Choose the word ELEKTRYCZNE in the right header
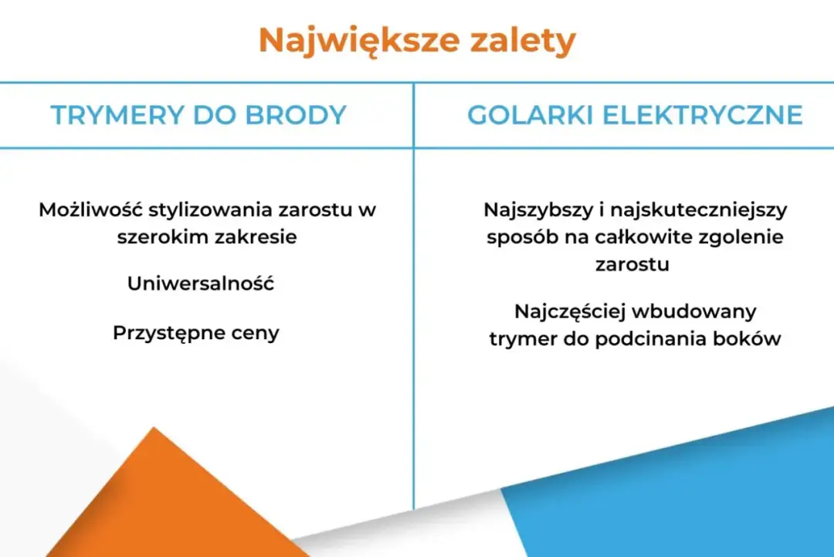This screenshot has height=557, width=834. click(x=702, y=115)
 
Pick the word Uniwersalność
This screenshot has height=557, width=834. click(x=201, y=284)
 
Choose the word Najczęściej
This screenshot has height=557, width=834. click(x=569, y=311)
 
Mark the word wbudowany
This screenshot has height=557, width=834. click(x=694, y=311)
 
